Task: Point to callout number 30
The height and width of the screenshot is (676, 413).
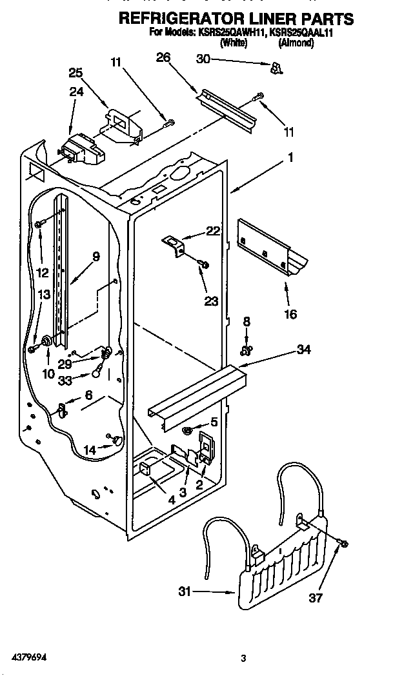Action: point(204,59)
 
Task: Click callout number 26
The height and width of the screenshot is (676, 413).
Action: point(163,57)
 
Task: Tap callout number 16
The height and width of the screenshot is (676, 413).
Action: point(290,314)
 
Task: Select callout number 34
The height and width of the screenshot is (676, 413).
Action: point(304,350)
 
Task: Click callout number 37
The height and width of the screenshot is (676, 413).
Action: point(316,598)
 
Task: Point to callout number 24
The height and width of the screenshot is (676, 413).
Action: point(76,92)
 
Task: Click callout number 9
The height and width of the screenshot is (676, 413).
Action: point(96,256)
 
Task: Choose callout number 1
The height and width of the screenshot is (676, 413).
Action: point(290,157)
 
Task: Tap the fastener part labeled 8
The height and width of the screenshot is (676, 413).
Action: point(246,350)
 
